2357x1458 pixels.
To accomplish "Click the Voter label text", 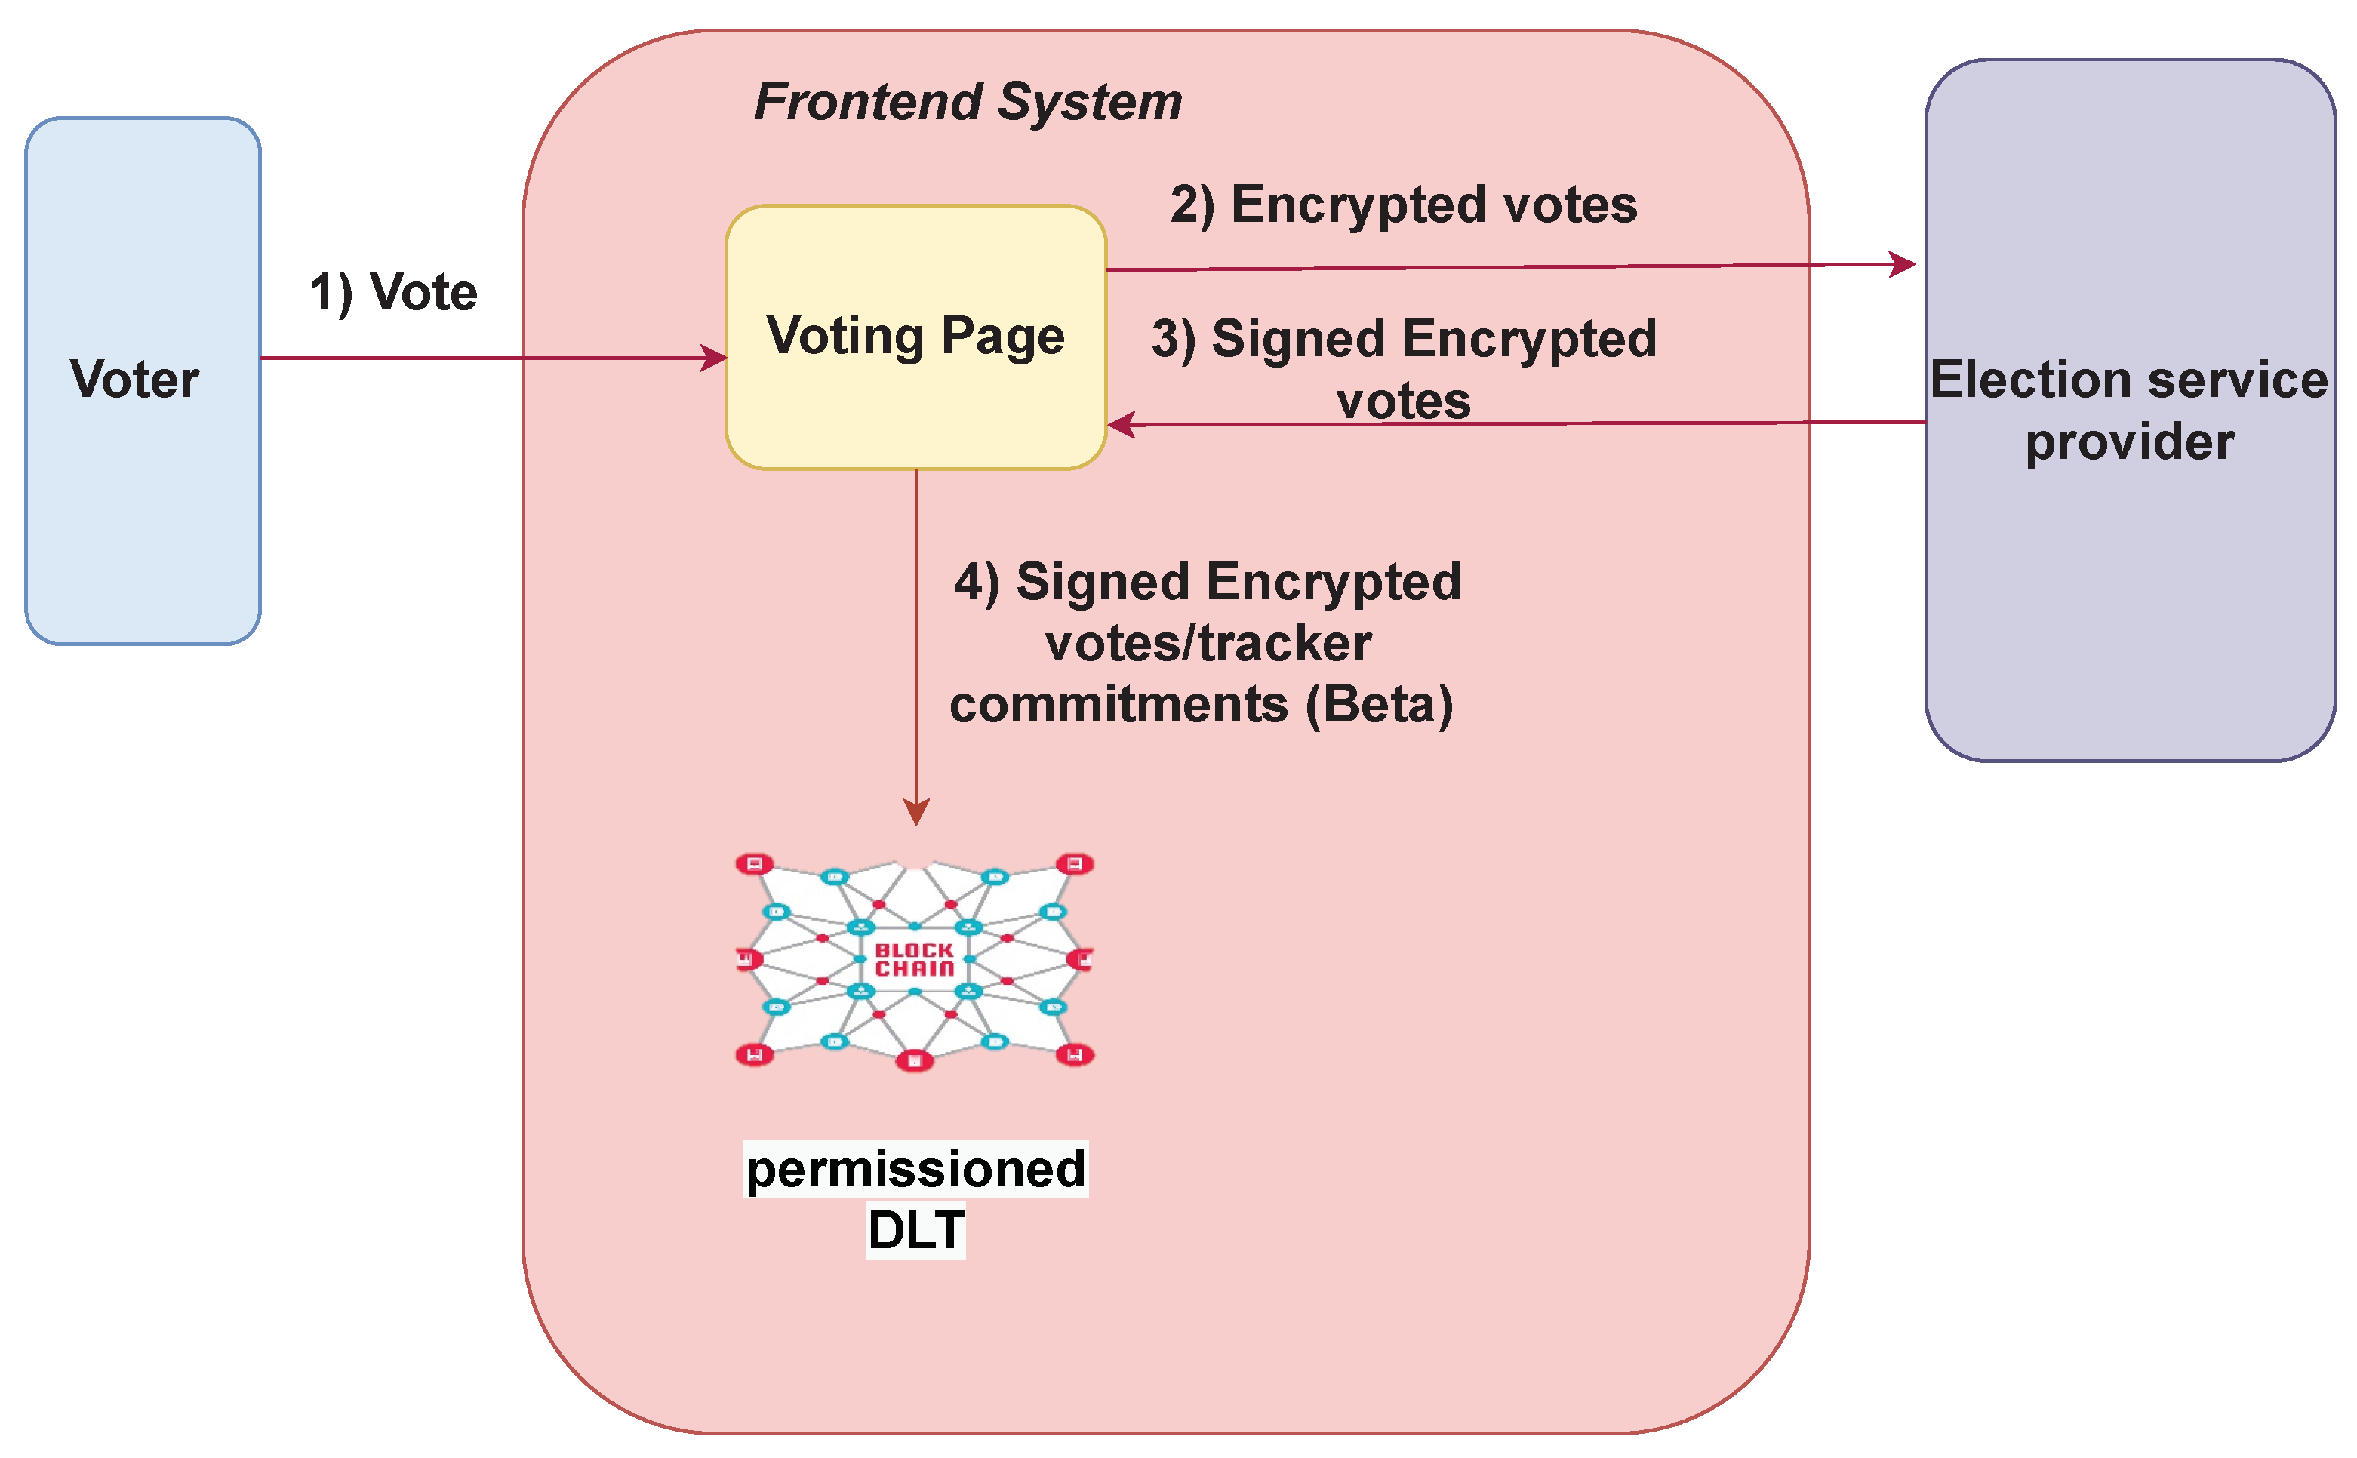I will [x=134, y=379].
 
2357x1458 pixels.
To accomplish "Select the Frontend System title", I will [x=968, y=102].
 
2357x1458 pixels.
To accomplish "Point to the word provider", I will [x=2128, y=442].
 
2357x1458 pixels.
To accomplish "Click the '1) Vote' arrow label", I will [x=392, y=292].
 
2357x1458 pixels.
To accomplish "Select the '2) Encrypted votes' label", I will [x=1402, y=205].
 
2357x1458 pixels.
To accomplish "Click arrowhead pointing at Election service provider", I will [x=1902, y=263].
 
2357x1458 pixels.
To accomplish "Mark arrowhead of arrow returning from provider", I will [x=1122, y=424].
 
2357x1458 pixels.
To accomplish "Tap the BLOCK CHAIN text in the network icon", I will [x=913, y=959].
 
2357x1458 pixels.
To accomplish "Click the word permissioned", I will [x=915, y=1169].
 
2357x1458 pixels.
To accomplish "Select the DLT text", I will [x=915, y=1229].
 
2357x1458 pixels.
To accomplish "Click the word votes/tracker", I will [x=1208, y=643].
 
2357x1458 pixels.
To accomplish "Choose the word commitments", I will [x=1118, y=704].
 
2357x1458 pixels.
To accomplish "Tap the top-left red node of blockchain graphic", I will [x=754, y=863].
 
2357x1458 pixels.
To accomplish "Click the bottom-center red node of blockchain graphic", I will [x=914, y=1061].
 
